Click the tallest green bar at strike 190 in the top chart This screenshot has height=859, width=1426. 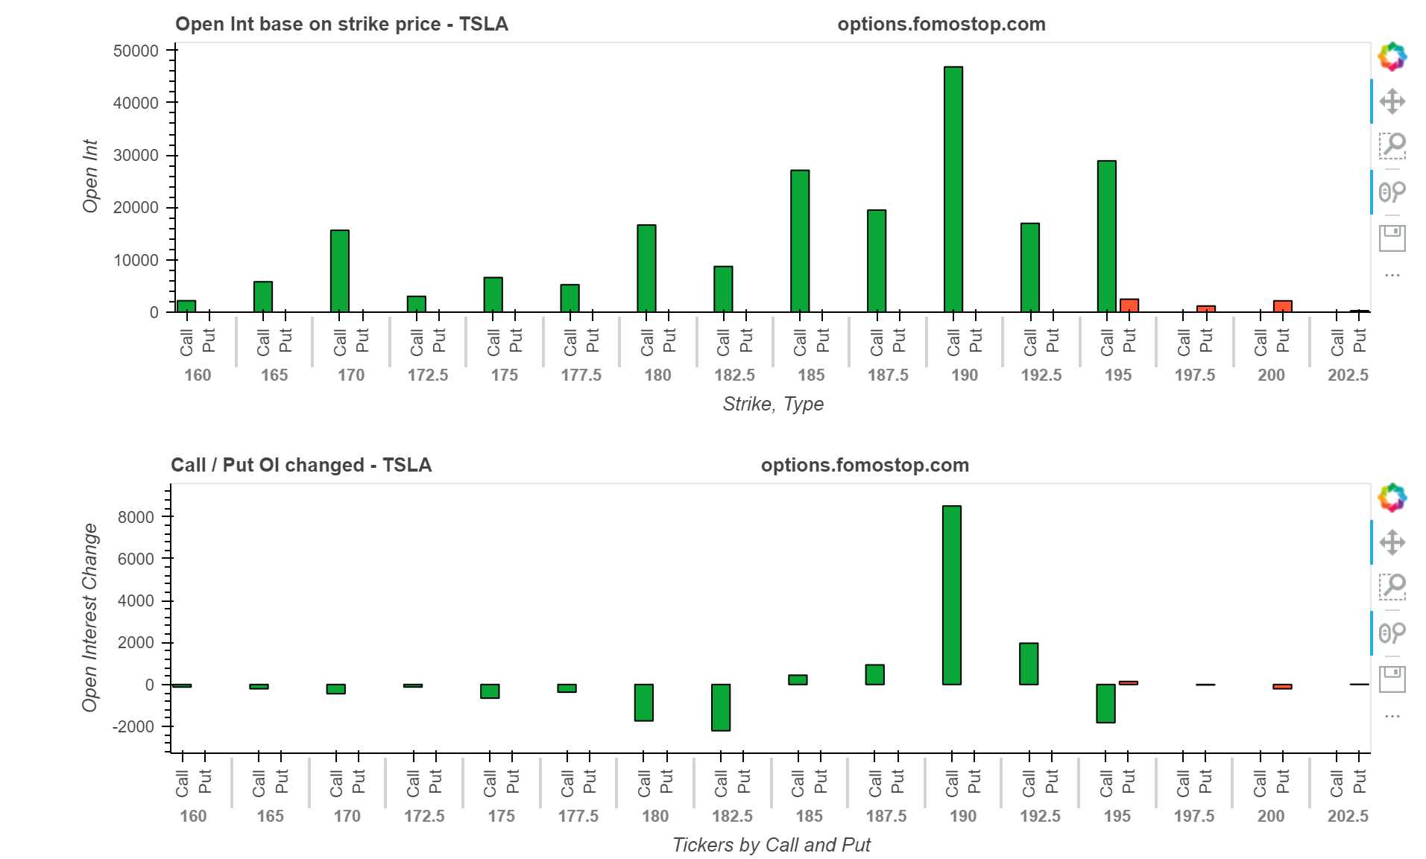[953, 189]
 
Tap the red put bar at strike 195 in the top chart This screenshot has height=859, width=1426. [1129, 305]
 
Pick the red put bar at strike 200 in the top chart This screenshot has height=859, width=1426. [1282, 306]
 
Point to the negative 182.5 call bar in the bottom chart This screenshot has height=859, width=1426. [720, 707]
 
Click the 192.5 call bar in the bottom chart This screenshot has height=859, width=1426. [1028, 663]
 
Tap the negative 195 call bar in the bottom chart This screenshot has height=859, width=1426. [1105, 703]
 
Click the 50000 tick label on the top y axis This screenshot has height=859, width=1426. [136, 51]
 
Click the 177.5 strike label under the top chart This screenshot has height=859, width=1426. [581, 375]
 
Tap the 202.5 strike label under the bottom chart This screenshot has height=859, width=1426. [1347, 817]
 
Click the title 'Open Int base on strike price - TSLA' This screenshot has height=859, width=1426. [341, 25]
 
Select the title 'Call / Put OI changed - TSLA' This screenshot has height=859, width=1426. [301, 466]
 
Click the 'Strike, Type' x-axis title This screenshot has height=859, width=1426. [772, 405]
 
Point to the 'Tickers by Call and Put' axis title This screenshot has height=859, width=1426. [771, 845]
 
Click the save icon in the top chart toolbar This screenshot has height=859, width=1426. [1392, 238]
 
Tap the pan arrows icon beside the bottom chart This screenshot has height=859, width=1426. [1392, 542]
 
